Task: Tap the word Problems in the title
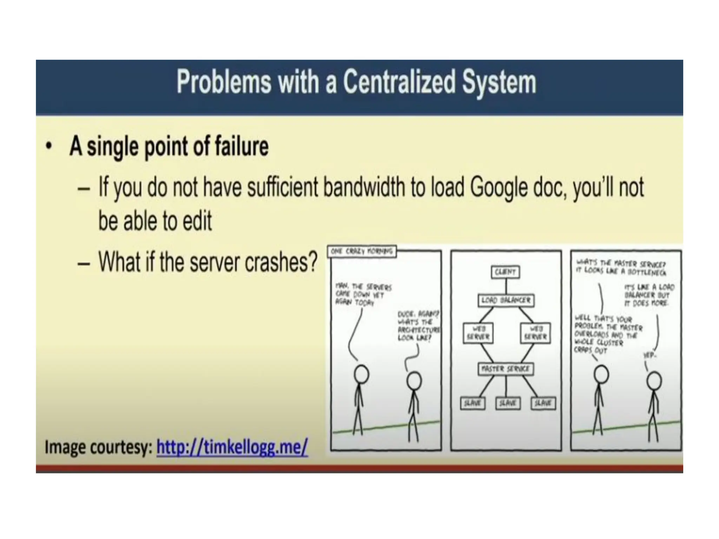point(224,82)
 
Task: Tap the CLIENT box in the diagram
point(505,272)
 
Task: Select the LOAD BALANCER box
point(506,300)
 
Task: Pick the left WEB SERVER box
point(478,333)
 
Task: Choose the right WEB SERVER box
point(535,333)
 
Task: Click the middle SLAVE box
point(507,403)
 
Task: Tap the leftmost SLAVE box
point(472,403)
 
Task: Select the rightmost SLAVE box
point(543,403)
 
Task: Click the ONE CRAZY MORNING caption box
point(362,251)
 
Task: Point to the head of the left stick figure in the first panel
point(361,374)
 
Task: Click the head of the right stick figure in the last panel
point(654,381)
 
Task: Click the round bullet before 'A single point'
point(49,146)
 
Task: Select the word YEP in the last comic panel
point(649,355)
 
